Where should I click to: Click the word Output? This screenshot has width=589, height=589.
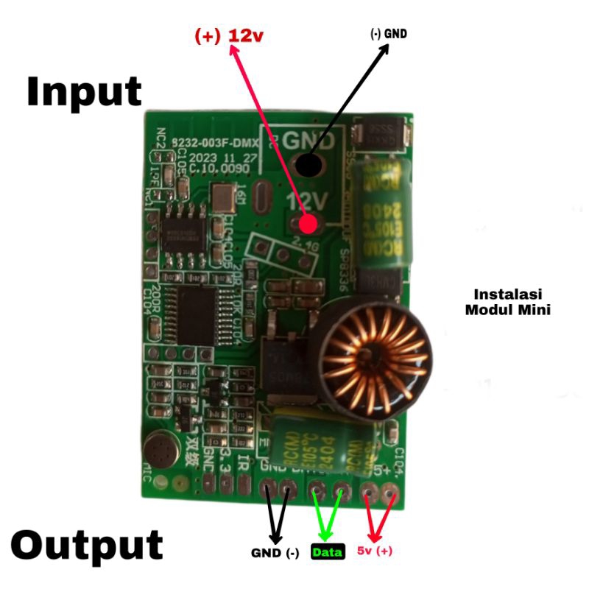tap(87, 546)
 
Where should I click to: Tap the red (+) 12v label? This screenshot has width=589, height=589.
tap(228, 35)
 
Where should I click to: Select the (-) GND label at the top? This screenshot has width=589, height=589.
tap(388, 34)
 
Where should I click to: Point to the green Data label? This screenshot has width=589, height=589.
tap(328, 551)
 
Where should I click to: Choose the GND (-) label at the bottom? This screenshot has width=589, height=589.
tap(275, 553)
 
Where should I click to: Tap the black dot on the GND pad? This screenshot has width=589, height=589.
tap(308, 166)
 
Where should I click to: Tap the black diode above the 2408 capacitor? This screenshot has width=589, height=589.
tap(378, 135)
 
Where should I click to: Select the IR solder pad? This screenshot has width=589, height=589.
tap(242, 482)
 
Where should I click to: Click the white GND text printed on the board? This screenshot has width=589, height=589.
tap(309, 139)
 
